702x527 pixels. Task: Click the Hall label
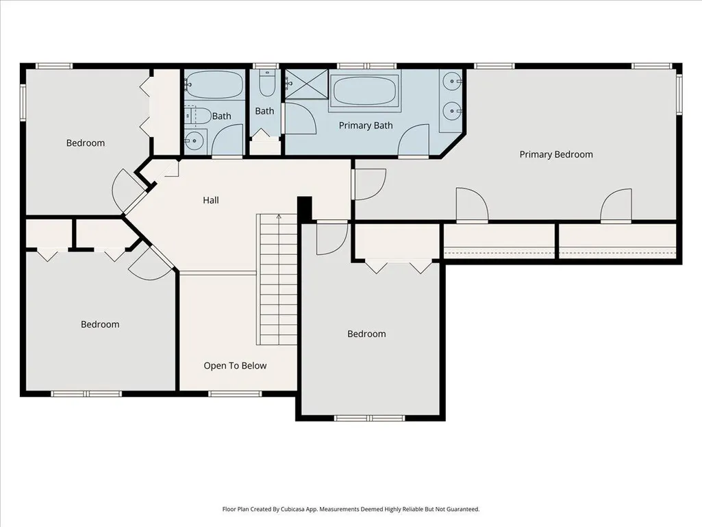coord(210,200)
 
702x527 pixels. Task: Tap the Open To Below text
coord(235,366)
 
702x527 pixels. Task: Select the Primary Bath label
coord(366,125)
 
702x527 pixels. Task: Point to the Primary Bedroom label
coord(556,155)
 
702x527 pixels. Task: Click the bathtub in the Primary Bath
coord(365,90)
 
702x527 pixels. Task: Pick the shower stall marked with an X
coord(307,84)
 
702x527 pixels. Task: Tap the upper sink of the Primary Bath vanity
coord(452,82)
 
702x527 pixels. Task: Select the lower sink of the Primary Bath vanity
coord(452,110)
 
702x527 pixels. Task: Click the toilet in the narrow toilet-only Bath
coord(267,84)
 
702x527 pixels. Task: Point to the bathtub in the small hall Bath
coord(214,84)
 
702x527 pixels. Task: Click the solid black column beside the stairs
coord(305,209)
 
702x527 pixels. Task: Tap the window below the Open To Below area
coord(235,394)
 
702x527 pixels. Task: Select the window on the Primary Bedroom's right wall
coord(679,94)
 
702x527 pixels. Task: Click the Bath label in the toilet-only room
coord(264,111)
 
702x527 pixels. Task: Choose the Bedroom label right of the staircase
coord(366,334)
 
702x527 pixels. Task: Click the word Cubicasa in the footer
coord(293,509)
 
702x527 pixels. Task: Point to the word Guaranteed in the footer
coord(465,509)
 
